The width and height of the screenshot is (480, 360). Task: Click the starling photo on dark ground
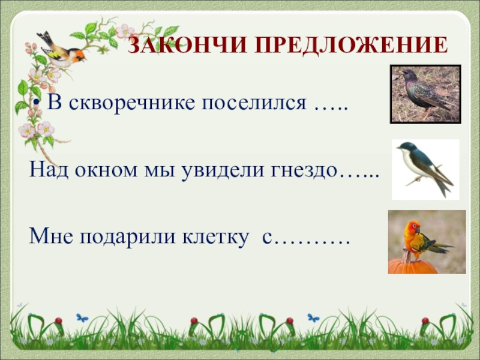pos(425,94)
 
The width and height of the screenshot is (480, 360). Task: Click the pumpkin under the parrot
pos(412,266)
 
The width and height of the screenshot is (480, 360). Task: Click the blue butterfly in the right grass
pos(313,317)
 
